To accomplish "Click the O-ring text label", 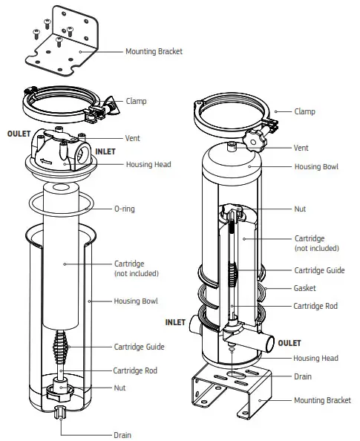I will pos(125,209).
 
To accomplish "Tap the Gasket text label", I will pos(305,288).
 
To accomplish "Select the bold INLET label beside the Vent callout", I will pos(105,151).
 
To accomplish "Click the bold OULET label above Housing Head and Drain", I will pos(289,343).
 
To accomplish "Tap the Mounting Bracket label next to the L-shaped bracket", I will pos(154,52).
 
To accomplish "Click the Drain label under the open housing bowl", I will pos(122,435).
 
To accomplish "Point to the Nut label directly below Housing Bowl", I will pos(300,209).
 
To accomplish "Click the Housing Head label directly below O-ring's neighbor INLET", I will pos(148,165).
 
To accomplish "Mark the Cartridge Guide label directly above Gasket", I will pos(319,270).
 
